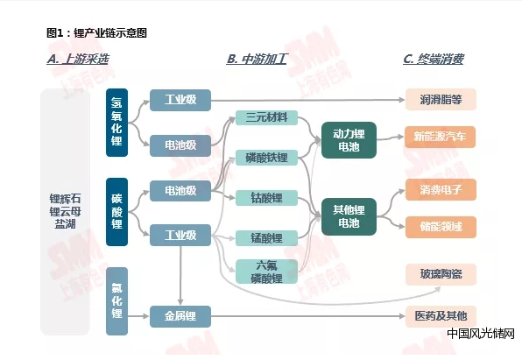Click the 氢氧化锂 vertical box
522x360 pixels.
[x=116, y=123]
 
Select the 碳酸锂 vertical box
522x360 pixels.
[x=116, y=212]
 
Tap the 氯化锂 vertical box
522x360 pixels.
[x=116, y=301]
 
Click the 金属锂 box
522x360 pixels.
[x=180, y=316]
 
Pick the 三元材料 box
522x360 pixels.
[x=266, y=117]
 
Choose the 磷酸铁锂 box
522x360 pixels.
[x=266, y=158]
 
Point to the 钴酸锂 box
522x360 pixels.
[x=266, y=198]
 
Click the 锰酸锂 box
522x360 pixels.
[x=266, y=238]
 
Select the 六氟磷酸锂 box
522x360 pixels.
[x=266, y=272]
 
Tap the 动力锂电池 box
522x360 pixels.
[x=349, y=140]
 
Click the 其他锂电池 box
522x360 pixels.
[x=349, y=216]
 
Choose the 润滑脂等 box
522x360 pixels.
[x=441, y=99]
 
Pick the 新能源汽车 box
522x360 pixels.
[x=440, y=137]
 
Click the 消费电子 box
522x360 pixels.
[x=441, y=189]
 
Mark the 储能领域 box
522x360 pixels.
[x=441, y=227]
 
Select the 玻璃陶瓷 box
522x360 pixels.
[x=441, y=274]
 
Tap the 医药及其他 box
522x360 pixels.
[x=441, y=316]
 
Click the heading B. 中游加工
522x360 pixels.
[x=257, y=60]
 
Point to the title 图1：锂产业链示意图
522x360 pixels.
[x=96, y=33]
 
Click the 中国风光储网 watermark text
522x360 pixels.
[x=481, y=334]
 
